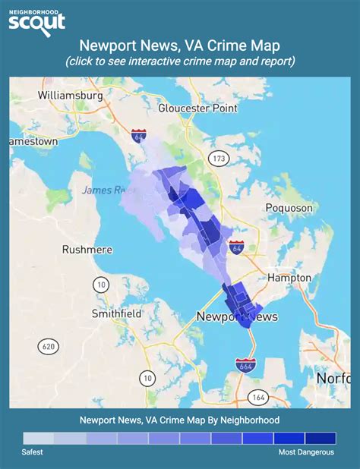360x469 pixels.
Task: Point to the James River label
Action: (x=104, y=190)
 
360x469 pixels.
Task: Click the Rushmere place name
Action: (x=87, y=249)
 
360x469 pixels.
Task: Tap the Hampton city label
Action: (x=289, y=278)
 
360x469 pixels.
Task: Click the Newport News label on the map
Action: (x=236, y=316)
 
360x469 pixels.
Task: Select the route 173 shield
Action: (x=219, y=159)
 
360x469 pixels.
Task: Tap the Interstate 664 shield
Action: (x=245, y=366)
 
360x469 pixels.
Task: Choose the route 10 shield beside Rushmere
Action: (x=100, y=284)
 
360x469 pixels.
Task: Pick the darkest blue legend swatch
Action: (x=320, y=438)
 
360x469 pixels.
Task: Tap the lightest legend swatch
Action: (x=39, y=438)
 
